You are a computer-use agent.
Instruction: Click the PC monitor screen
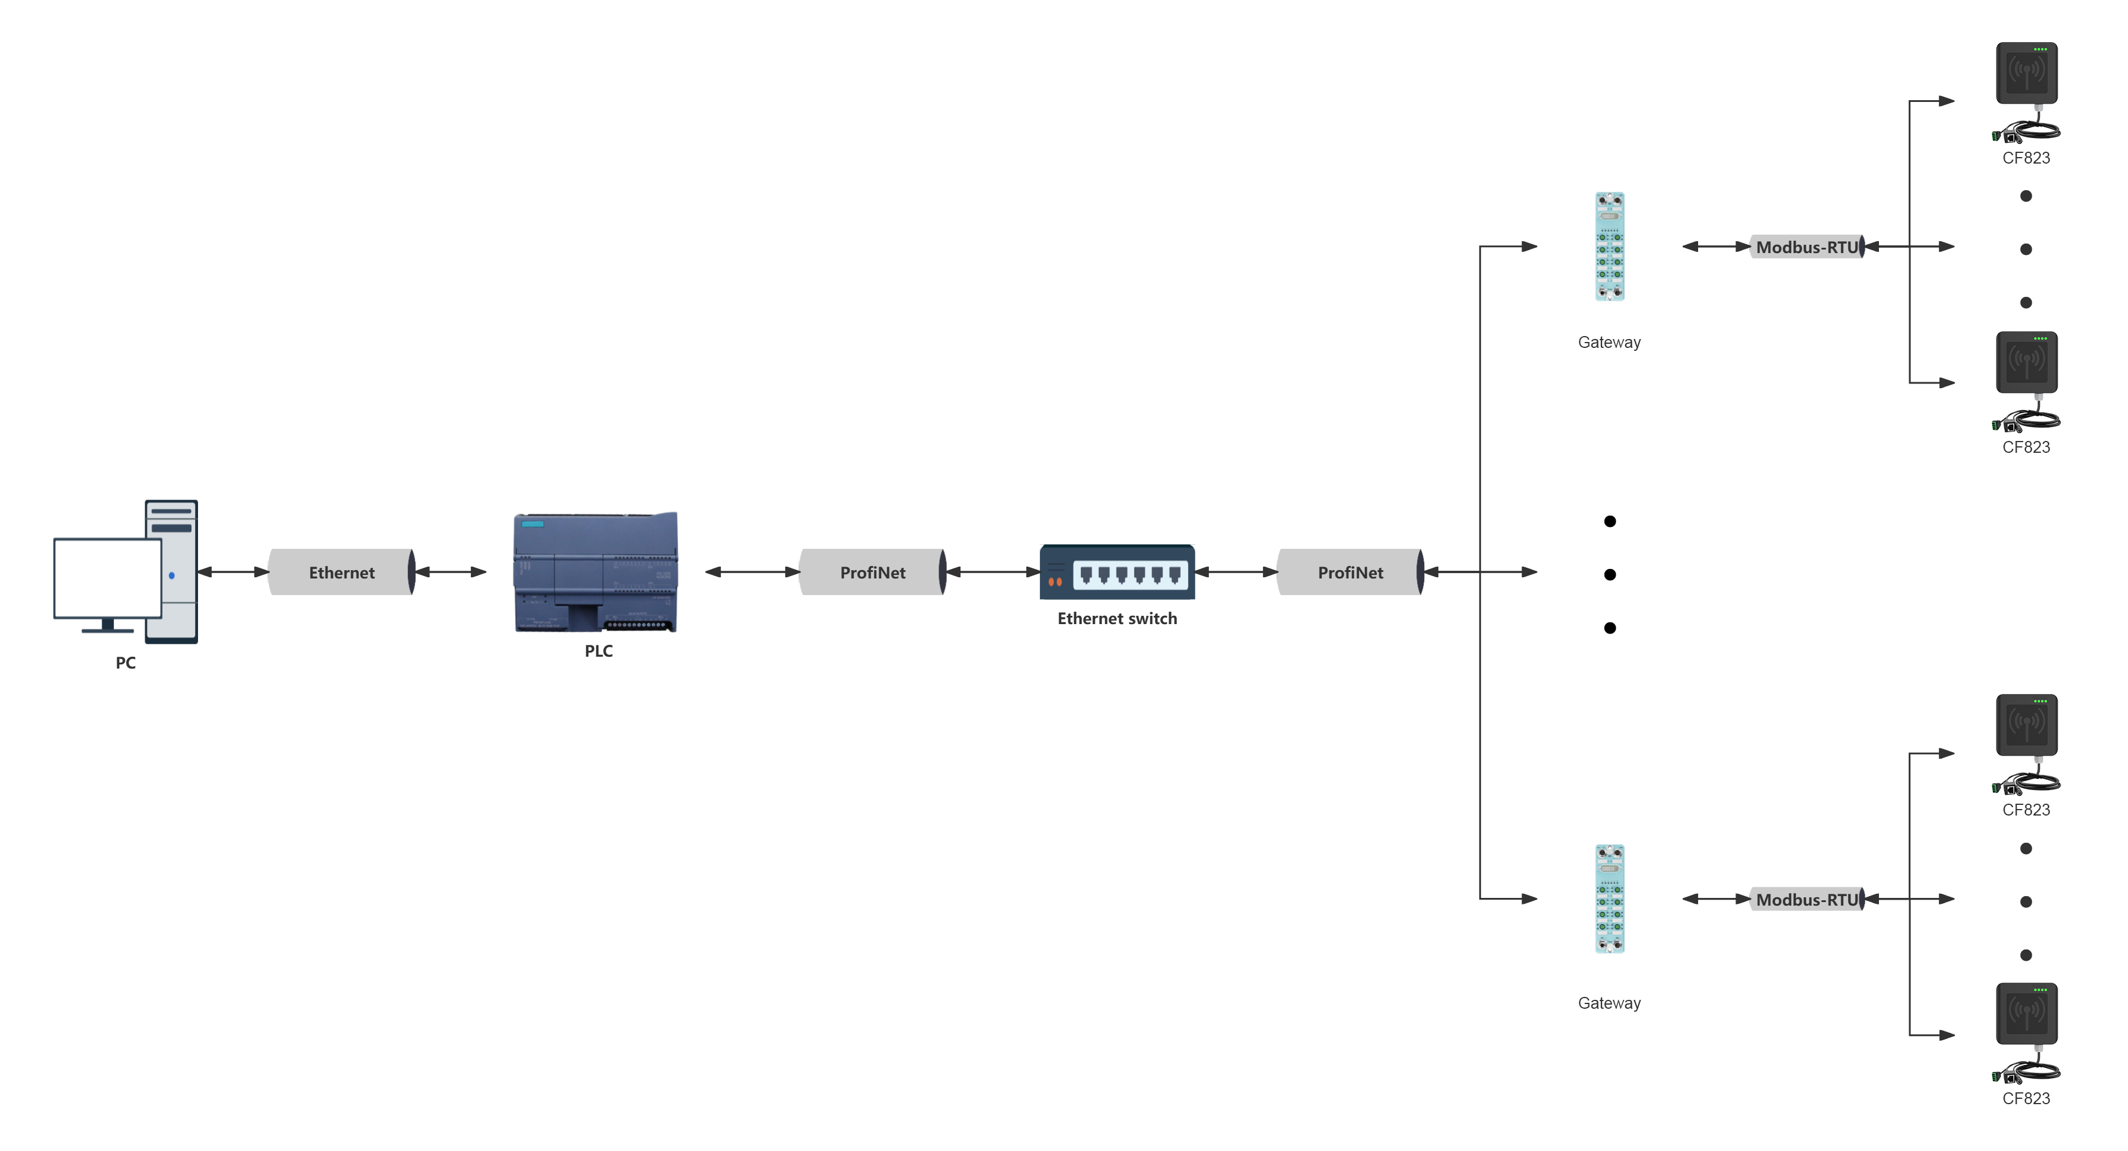tap(107, 577)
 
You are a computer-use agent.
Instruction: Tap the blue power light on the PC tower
tap(172, 575)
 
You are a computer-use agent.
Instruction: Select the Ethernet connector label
tap(341, 572)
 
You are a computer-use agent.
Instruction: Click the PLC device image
tap(596, 571)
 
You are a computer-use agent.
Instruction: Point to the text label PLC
tap(599, 651)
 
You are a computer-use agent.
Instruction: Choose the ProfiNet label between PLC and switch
tap(872, 572)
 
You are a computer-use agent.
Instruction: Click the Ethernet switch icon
tap(1117, 571)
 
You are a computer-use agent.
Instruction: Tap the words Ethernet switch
tap(1117, 618)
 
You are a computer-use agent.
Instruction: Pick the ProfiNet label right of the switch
tap(1350, 572)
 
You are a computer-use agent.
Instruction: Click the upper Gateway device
tap(1609, 246)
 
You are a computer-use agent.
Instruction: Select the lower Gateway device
tap(1609, 899)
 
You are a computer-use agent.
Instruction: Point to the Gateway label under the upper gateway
tap(1609, 342)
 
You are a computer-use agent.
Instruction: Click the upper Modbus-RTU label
tap(1807, 247)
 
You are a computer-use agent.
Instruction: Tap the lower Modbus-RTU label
tap(1807, 899)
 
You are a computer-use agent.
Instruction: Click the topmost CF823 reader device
tap(2027, 74)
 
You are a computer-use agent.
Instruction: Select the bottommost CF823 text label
tap(2025, 1098)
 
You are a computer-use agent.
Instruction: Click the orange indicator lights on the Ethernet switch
tap(1055, 582)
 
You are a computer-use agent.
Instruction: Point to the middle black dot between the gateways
tap(1610, 575)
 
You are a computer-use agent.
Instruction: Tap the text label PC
tap(126, 662)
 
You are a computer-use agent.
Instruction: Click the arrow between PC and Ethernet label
tap(234, 571)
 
